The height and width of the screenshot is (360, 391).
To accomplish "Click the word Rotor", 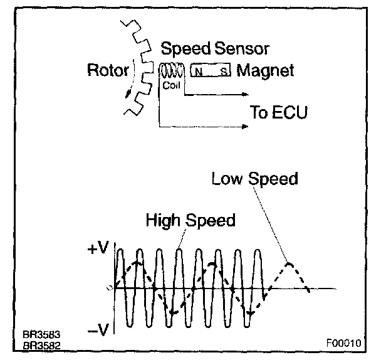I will (x=108, y=70).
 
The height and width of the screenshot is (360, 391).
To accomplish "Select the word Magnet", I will (x=265, y=70).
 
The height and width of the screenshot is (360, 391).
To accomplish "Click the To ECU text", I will (x=279, y=113).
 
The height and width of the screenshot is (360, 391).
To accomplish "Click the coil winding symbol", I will (x=171, y=71).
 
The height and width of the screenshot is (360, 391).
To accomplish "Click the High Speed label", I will (x=190, y=220).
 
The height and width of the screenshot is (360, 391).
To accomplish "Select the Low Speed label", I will (x=254, y=179).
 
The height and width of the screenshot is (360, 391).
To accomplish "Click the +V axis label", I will (x=99, y=249).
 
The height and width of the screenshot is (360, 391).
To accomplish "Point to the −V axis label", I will (x=99, y=331).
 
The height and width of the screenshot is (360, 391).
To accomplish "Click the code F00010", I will (x=343, y=344).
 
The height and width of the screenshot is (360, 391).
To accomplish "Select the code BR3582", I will (x=39, y=345).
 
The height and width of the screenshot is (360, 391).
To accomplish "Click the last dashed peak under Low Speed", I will (x=288, y=264).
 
